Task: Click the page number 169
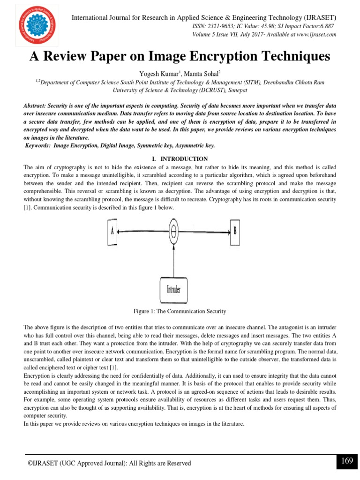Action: (347, 461)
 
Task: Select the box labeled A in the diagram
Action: (112, 231)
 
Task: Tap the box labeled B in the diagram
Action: (234, 231)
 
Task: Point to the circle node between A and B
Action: (174, 231)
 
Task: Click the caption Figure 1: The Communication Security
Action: (180, 311)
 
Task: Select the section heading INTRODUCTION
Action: (184, 159)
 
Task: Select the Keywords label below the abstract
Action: (38, 146)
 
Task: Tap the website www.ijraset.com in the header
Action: (313, 35)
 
